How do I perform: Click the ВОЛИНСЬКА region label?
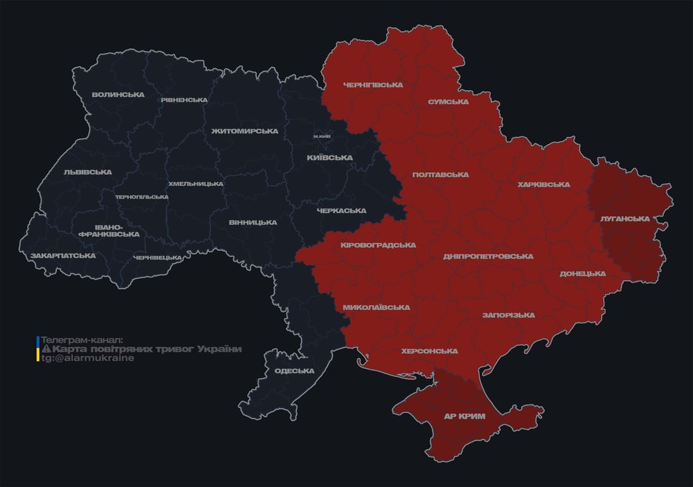pos(118,94)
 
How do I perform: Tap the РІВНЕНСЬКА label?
pos(184,100)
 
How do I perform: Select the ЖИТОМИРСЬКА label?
pos(245,131)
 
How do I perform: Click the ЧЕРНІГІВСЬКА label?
pos(372,85)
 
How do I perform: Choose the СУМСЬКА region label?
pos(448,101)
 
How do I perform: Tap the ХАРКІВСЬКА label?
pos(544,185)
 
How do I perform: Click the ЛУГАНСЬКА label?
pos(625,219)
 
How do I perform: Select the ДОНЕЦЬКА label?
pos(582,274)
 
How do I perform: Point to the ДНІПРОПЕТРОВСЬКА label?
pos(488,257)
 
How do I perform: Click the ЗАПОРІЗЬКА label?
pos(508,315)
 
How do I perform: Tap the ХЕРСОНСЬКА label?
pos(429,351)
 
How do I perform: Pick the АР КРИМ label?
pos(464,417)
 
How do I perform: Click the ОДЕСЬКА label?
pos(294,371)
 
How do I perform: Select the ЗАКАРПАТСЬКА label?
pos(63,256)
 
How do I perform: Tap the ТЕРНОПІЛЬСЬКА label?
pos(142,197)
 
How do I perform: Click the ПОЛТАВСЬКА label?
pos(440,174)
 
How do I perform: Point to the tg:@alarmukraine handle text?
pos(88,358)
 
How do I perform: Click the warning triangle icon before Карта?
pos(46,349)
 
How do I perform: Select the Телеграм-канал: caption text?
pos(82,340)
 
